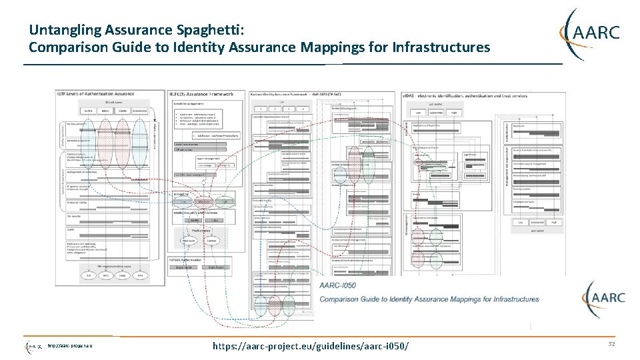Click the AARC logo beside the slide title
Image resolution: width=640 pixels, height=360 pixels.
pos(592,32)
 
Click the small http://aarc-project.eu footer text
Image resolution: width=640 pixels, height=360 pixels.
pos(69,345)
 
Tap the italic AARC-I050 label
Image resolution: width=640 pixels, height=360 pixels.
pos(338,285)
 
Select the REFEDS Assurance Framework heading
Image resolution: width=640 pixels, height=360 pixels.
pos(201,95)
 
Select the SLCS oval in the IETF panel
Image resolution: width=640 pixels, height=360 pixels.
pos(87,275)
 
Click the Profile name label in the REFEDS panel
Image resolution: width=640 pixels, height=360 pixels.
pos(201,229)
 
